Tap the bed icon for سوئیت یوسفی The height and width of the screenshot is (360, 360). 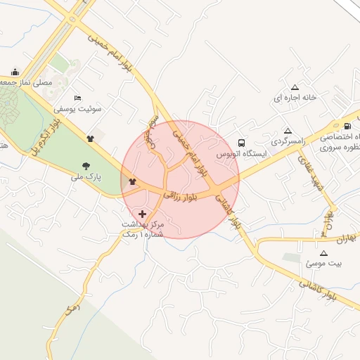tap(77, 97)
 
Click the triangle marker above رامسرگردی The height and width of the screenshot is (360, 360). tap(288, 131)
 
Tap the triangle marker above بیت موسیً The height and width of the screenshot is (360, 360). tap(323, 253)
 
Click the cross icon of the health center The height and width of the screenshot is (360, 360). tap(143, 213)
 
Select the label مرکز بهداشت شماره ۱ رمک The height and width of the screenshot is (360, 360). tap(143, 228)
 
